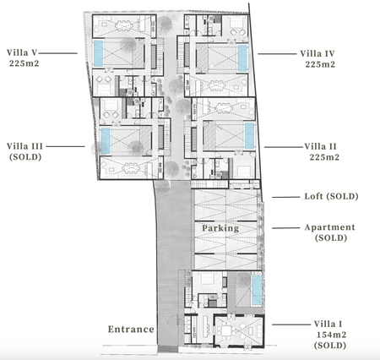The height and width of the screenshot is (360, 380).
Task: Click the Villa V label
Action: tap(22, 52)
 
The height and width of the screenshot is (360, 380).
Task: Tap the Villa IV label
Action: tap(318, 53)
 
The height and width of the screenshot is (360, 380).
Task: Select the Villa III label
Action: tap(24, 146)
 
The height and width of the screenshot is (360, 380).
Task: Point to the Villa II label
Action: tap(320, 146)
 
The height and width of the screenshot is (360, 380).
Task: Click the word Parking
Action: tap(220, 228)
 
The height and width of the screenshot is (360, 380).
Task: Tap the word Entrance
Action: tap(131, 329)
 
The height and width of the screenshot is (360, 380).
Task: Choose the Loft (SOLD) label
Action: tap(331, 196)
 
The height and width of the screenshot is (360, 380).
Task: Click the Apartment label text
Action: tap(329, 227)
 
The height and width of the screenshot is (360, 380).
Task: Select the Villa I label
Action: tap(328, 324)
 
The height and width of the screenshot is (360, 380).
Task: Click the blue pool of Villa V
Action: tap(98, 53)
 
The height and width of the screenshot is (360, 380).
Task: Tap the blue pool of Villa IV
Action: tap(242, 58)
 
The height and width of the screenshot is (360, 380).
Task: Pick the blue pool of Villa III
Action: tap(106, 141)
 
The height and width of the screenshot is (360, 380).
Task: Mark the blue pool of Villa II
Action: tap(249, 136)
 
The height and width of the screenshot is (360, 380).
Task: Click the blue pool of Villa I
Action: tap(257, 291)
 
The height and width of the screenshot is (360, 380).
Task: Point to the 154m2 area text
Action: tap(331, 335)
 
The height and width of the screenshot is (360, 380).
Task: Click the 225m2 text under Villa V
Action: tap(24, 63)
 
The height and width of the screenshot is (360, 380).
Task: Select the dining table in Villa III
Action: tap(131, 168)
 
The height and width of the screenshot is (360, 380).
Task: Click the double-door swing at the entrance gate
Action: tap(167, 319)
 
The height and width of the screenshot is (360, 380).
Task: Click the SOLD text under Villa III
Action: tap(25, 157)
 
